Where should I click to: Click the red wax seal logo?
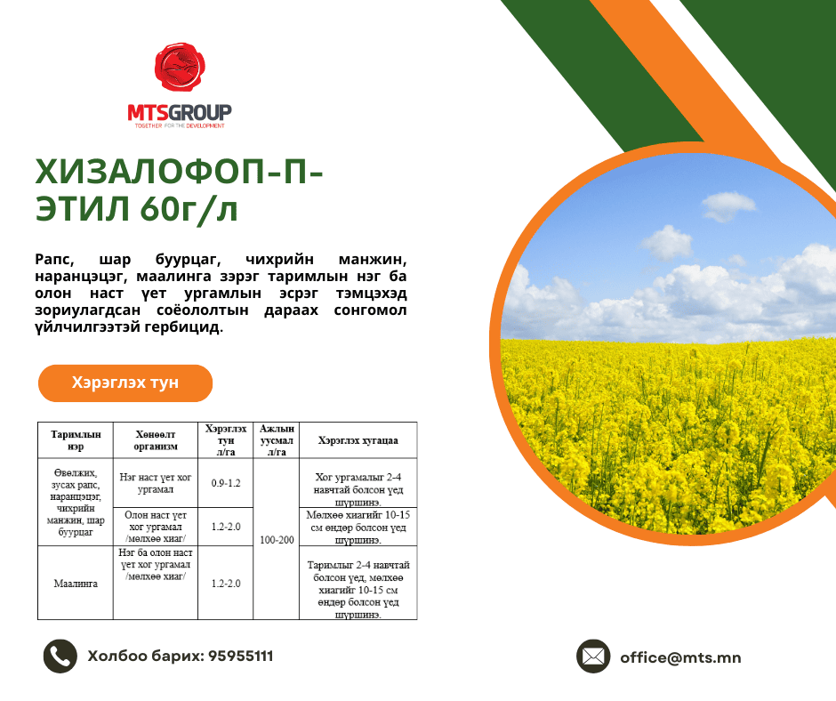click(180, 67)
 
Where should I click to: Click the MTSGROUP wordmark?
click(180, 113)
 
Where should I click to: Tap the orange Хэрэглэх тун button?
click(125, 383)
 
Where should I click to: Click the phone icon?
click(60, 656)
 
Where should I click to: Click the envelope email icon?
click(593, 657)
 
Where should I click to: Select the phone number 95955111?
click(240, 656)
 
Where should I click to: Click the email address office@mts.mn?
click(680, 657)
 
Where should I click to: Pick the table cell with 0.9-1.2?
click(226, 483)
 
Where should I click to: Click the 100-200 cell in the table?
click(277, 539)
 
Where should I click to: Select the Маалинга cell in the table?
click(76, 583)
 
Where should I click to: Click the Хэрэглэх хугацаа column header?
click(358, 440)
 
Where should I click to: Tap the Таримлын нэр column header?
click(76, 440)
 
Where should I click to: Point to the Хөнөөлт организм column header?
click(156, 440)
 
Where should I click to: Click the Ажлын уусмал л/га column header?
click(277, 440)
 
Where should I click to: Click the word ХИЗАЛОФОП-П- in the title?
click(179, 172)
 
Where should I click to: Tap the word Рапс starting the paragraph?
click(54, 259)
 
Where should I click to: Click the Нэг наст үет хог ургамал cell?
click(156, 483)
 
